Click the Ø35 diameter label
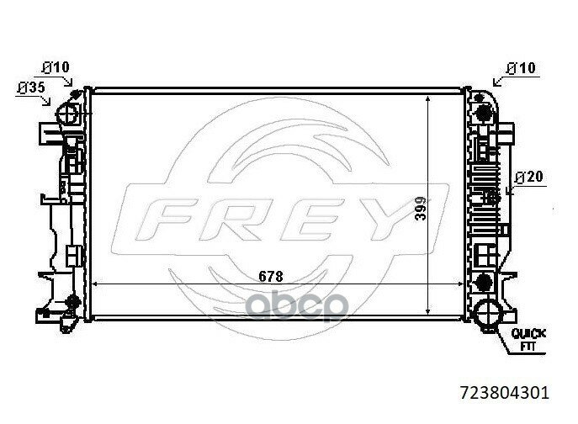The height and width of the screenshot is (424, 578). click(x=31, y=87)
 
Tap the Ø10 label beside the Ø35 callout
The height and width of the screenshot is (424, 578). click(x=56, y=67)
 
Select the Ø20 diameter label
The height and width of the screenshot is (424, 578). click(x=529, y=177)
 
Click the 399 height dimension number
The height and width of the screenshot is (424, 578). click(x=420, y=209)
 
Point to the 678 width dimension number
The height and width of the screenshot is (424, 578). click(x=271, y=276)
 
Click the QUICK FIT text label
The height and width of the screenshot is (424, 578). click(x=528, y=340)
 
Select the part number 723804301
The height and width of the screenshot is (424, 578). click(x=505, y=393)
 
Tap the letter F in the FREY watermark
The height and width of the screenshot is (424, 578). click(x=164, y=220)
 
